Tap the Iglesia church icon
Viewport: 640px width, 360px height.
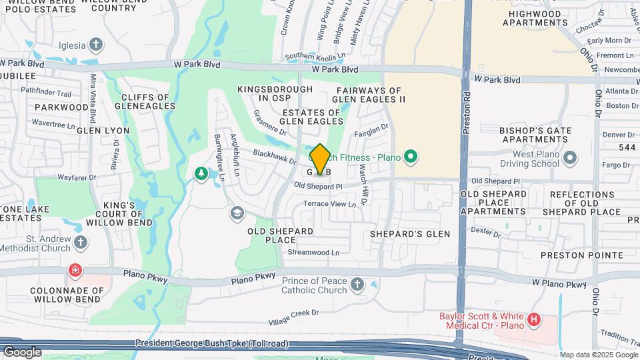point(97,45)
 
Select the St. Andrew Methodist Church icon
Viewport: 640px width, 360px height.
point(81,241)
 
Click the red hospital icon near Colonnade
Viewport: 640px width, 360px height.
point(74,271)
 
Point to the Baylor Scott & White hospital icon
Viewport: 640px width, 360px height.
point(533,321)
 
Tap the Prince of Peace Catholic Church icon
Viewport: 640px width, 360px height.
point(357,285)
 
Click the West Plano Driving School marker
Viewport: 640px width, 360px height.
point(569,158)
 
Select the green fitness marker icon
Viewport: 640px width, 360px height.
point(411,157)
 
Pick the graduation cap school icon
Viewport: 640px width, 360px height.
point(236,213)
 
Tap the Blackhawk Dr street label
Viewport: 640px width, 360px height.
point(274,157)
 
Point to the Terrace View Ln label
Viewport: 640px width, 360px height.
point(329,203)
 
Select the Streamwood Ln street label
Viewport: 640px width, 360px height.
point(313,253)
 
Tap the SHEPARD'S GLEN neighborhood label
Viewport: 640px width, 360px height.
point(411,234)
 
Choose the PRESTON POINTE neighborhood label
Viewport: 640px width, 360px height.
point(571,254)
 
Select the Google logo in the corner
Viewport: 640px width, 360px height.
point(22,351)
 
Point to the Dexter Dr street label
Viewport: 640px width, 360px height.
point(485,231)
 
